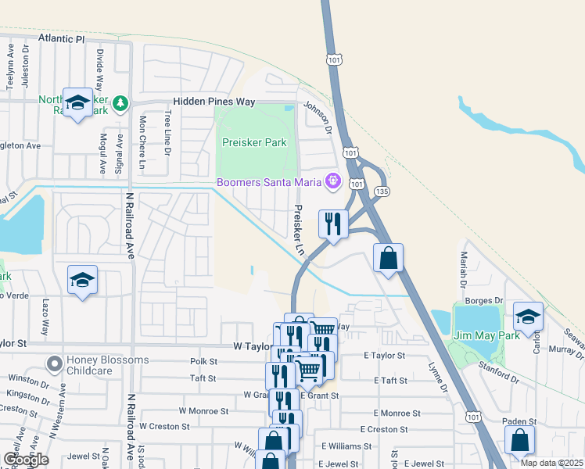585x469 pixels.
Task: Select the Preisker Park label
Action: (254, 142)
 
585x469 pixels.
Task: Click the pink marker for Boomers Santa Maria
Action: (332, 181)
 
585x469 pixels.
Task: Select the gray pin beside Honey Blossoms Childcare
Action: (54, 363)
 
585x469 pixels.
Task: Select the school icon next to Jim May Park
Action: (529, 317)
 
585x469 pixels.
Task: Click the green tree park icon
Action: (120, 103)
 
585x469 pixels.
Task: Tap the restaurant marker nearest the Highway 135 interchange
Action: (332, 225)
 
